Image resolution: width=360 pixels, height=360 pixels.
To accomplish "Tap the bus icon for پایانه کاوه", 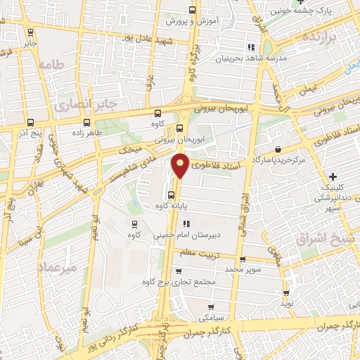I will coord(171,195).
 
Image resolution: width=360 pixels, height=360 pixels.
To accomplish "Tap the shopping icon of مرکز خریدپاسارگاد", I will coord(280,150).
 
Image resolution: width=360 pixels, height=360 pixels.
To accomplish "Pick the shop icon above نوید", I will coord(285,292).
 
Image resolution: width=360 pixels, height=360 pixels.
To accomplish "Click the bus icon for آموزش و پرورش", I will coord(193,10).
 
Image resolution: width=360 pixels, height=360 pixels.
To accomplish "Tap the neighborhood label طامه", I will coord(51,65).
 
